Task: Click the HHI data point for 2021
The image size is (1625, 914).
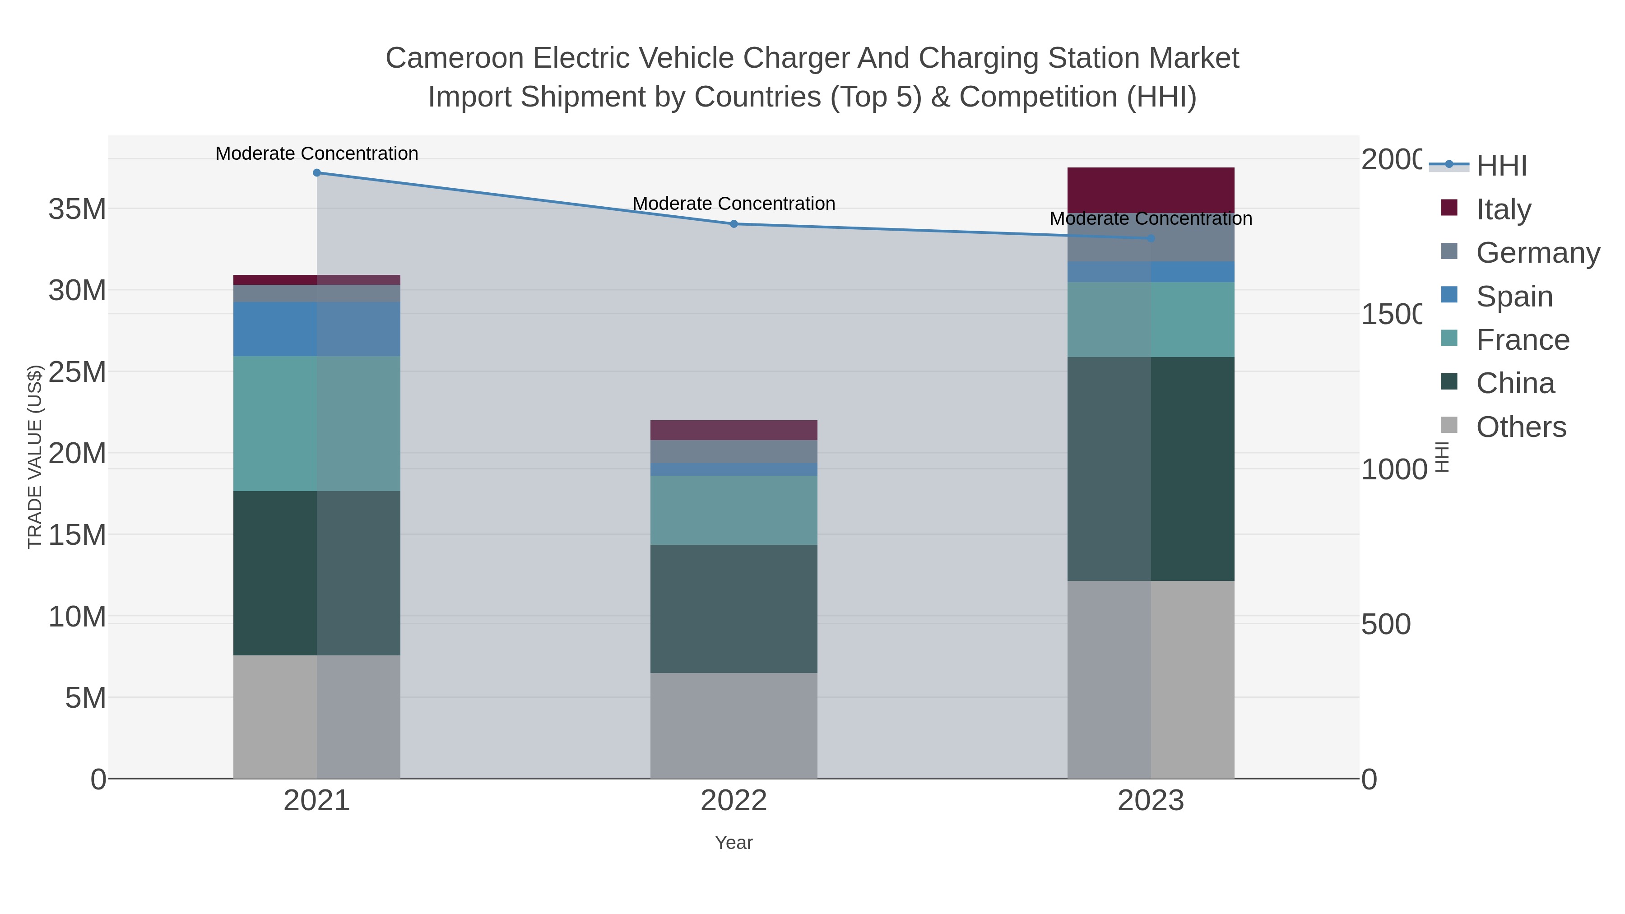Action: coord(317,173)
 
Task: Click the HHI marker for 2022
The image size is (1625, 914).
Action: coord(734,224)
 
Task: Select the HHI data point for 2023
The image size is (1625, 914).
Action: coord(1151,238)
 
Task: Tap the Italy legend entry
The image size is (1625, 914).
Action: coord(1503,209)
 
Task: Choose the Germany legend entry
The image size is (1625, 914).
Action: coord(1537,253)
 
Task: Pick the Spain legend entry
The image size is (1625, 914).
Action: coord(1514,297)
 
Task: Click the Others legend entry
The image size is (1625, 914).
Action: coord(1520,427)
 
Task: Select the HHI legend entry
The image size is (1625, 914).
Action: coord(1501,166)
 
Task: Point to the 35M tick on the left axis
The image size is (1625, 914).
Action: coord(77,209)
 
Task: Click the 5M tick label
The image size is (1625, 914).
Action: coord(85,698)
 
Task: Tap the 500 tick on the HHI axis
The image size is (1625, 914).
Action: coord(1385,625)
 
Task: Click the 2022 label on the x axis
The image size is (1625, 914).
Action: coord(734,801)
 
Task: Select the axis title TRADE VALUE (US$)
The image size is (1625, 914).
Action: coord(35,457)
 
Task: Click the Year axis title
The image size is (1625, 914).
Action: coord(734,843)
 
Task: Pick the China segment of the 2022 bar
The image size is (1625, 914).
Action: coord(734,609)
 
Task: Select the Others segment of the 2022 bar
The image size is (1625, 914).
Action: coord(734,725)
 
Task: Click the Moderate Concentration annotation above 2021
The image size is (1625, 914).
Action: coord(317,153)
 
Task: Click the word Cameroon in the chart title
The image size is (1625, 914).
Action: coord(454,58)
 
